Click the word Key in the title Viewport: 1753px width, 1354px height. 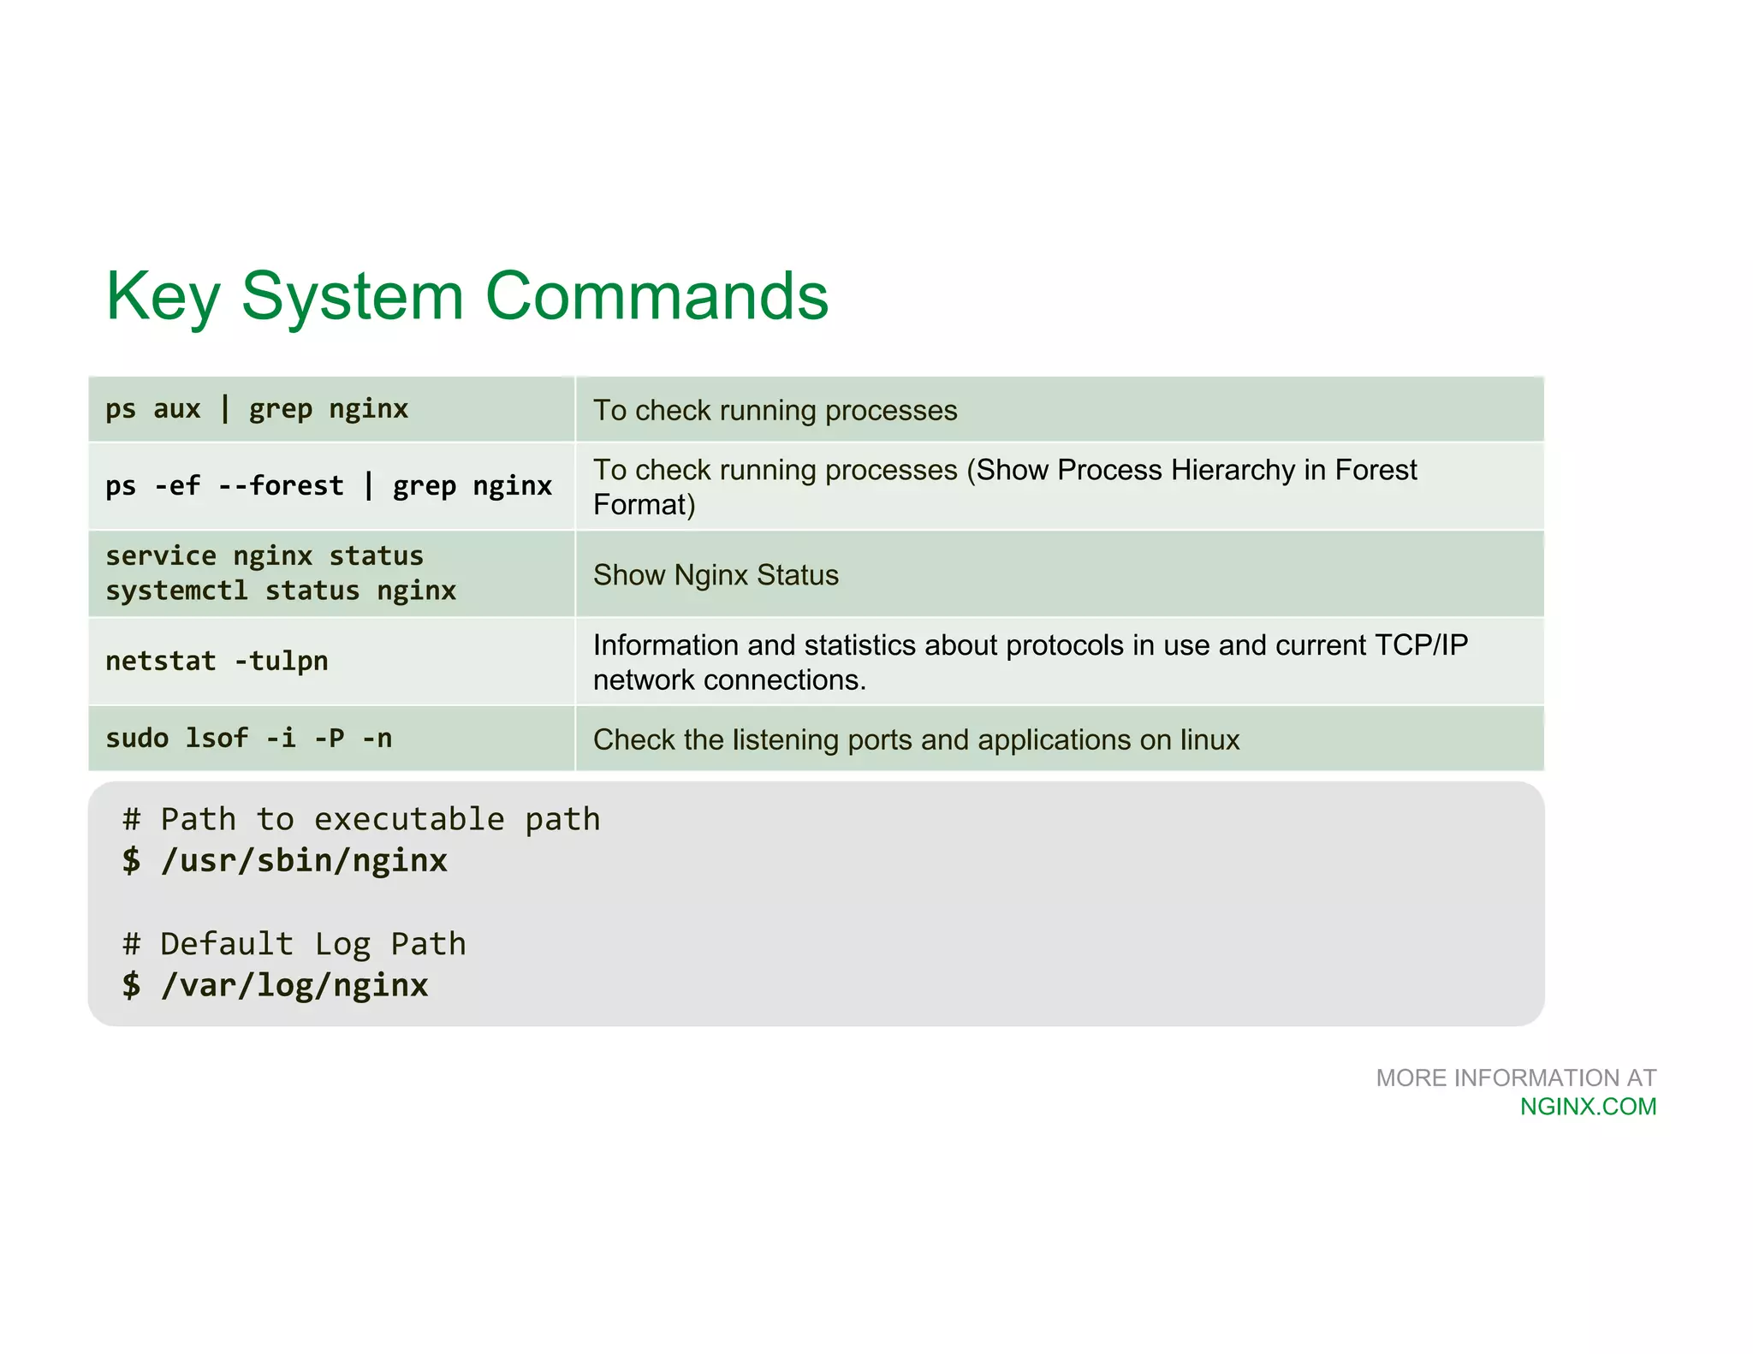click(163, 297)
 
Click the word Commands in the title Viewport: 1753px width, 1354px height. click(657, 297)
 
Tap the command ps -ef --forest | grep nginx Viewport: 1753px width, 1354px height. click(329, 486)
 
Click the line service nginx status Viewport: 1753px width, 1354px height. click(264, 556)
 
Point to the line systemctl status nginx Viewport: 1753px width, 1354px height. click(281, 591)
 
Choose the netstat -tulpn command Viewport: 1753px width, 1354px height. click(217, 662)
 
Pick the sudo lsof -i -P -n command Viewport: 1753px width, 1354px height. click(248, 739)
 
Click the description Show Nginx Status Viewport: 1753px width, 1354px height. click(716, 575)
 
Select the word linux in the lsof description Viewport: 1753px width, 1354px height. click(1209, 740)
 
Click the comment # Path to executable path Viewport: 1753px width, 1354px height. click(361, 820)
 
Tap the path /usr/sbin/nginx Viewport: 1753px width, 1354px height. click(304, 861)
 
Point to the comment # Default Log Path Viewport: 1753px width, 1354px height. click(294, 944)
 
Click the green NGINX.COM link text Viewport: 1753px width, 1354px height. click(1588, 1107)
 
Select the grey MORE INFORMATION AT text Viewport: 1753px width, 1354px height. click(1515, 1078)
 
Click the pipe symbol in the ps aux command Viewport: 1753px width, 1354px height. click(224, 409)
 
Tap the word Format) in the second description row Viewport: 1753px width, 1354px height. click(644, 505)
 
